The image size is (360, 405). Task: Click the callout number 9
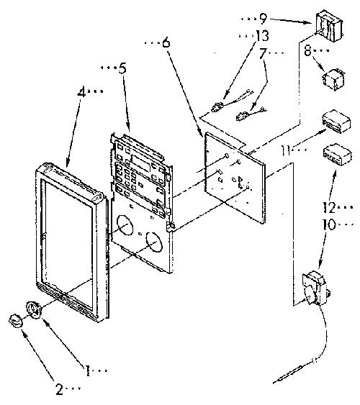(263, 18)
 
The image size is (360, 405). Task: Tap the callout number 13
(262, 36)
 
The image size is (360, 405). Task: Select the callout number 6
(166, 42)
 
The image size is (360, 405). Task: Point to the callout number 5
(122, 68)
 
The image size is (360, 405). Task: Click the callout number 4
(81, 92)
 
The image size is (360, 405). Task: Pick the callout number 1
(88, 370)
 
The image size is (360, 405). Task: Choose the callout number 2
(60, 389)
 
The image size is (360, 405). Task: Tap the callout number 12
(329, 207)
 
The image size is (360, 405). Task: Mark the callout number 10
(329, 224)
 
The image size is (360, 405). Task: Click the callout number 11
(286, 150)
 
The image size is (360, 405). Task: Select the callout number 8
(307, 50)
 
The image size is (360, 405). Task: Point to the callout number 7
(263, 53)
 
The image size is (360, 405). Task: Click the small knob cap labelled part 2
(15, 321)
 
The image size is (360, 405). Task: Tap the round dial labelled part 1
(34, 309)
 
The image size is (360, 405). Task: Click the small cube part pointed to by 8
(333, 79)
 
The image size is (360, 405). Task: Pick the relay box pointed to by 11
(336, 122)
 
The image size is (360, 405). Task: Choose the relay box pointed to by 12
(337, 155)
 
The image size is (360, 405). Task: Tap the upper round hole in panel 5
(125, 225)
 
